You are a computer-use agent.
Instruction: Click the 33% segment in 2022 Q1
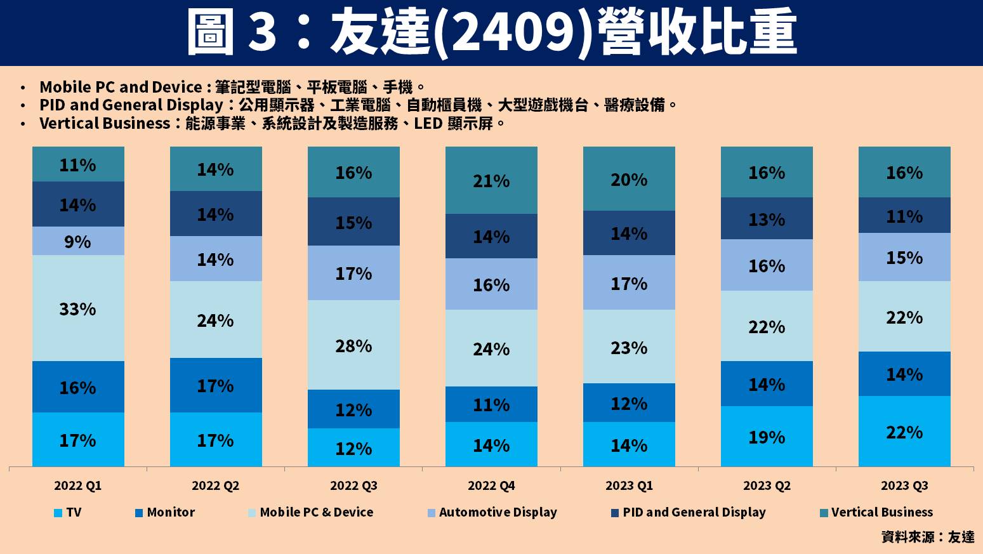tap(78, 309)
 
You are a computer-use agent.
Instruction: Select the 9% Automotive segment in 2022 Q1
tap(78, 242)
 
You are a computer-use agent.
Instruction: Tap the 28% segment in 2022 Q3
tap(353, 346)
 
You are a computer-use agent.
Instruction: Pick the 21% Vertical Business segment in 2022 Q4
tap(491, 181)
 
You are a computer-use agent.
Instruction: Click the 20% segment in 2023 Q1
tap(629, 180)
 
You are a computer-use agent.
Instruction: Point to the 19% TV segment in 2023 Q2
tap(767, 437)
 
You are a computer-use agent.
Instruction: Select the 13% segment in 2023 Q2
tap(767, 220)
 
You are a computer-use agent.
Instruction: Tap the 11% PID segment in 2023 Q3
tap(904, 216)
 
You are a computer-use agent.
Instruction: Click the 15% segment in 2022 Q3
tap(353, 223)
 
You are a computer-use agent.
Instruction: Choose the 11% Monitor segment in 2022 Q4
tap(491, 405)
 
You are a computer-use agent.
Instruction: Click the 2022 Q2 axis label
tap(216, 486)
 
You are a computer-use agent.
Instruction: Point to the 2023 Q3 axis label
tap(904, 486)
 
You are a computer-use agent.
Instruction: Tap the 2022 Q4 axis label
tap(491, 486)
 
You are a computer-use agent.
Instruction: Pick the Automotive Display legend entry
tap(492, 512)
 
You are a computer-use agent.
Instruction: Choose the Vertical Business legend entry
tap(876, 512)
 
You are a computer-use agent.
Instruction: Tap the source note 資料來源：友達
tap(927, 537)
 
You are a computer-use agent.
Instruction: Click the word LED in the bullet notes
tap(428, 123)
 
